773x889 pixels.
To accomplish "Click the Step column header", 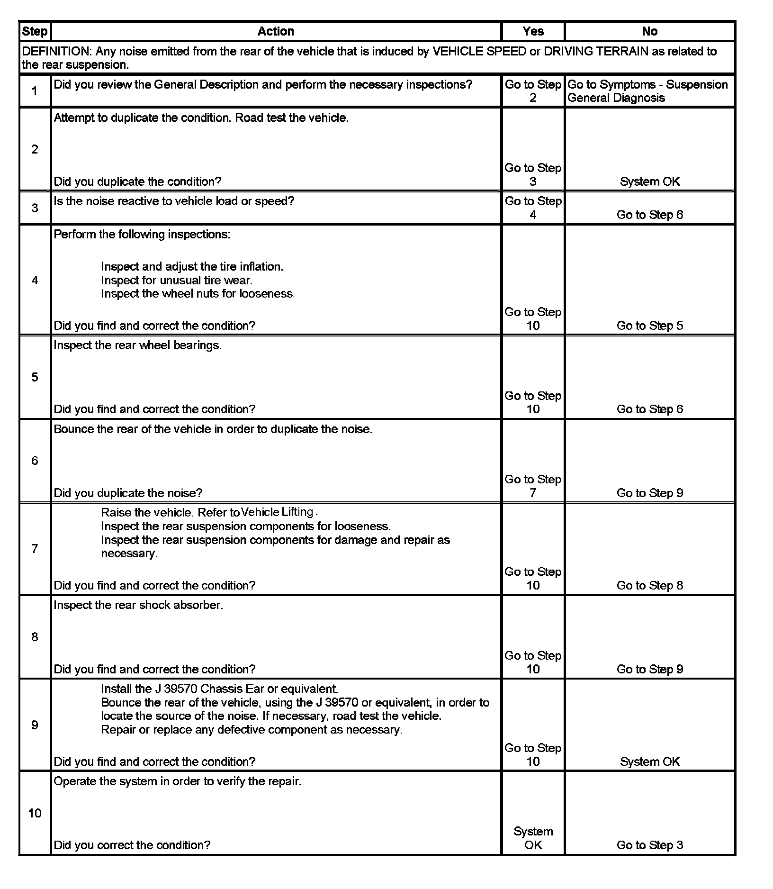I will point(35,31).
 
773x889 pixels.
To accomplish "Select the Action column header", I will point(276,31).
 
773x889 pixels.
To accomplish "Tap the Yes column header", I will point(533,31).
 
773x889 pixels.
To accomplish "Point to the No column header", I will point(649,31).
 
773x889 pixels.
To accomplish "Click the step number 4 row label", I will point(35,280).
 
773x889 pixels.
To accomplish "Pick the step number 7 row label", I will point(35,549).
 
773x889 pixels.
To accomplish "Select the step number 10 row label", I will point(35,814).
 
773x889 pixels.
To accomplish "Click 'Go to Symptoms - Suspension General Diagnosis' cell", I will point(647,91).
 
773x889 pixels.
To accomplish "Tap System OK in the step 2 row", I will point(649,181).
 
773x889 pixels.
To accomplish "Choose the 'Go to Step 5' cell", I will point(649,326).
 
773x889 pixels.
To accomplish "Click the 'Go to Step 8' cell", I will point(649,585).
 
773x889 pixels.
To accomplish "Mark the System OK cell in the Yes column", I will point(533,838).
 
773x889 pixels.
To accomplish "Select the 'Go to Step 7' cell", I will point(533,486).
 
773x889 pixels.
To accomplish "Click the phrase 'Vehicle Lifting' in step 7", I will point(277,512).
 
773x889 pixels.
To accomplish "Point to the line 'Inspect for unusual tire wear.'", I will point(176,280).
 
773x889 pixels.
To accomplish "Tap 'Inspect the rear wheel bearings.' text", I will point(137,345).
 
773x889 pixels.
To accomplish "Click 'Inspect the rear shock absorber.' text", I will point(138,605).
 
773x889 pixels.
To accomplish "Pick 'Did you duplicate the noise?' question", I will point(128,493).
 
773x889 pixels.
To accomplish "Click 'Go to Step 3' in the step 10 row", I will point(649,845).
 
